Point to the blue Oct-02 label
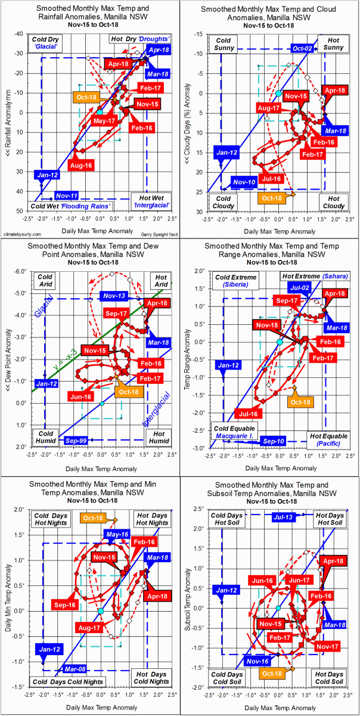302,48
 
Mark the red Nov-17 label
328,645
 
